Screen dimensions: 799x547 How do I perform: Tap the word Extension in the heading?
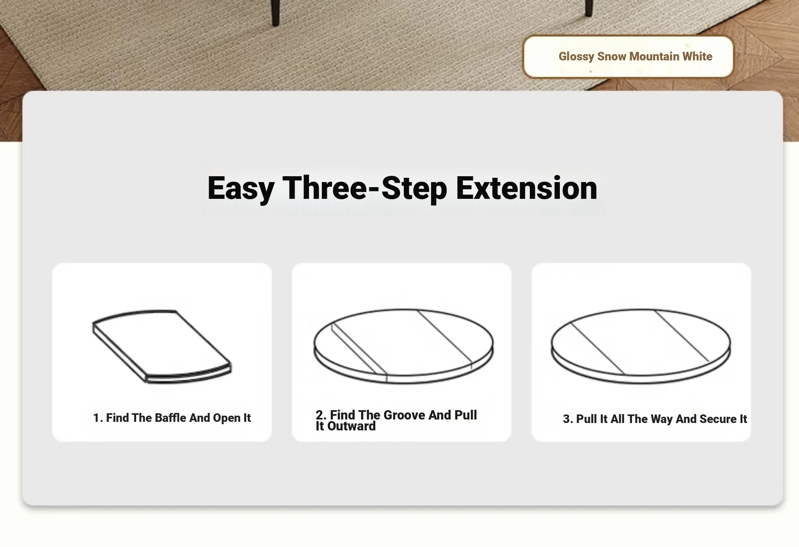pos(526,188)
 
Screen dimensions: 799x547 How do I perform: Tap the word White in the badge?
pos(697,57)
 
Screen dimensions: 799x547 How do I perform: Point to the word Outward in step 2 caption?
pos(352,426)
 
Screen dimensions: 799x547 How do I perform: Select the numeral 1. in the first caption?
pos(98,418)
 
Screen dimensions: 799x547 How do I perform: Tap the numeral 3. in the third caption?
pos(568,419)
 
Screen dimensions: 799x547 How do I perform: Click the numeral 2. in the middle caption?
pos(321,415)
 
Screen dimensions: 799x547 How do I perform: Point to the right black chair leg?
pos(589,8)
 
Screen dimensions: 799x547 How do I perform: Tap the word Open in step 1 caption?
pos(227,418)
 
